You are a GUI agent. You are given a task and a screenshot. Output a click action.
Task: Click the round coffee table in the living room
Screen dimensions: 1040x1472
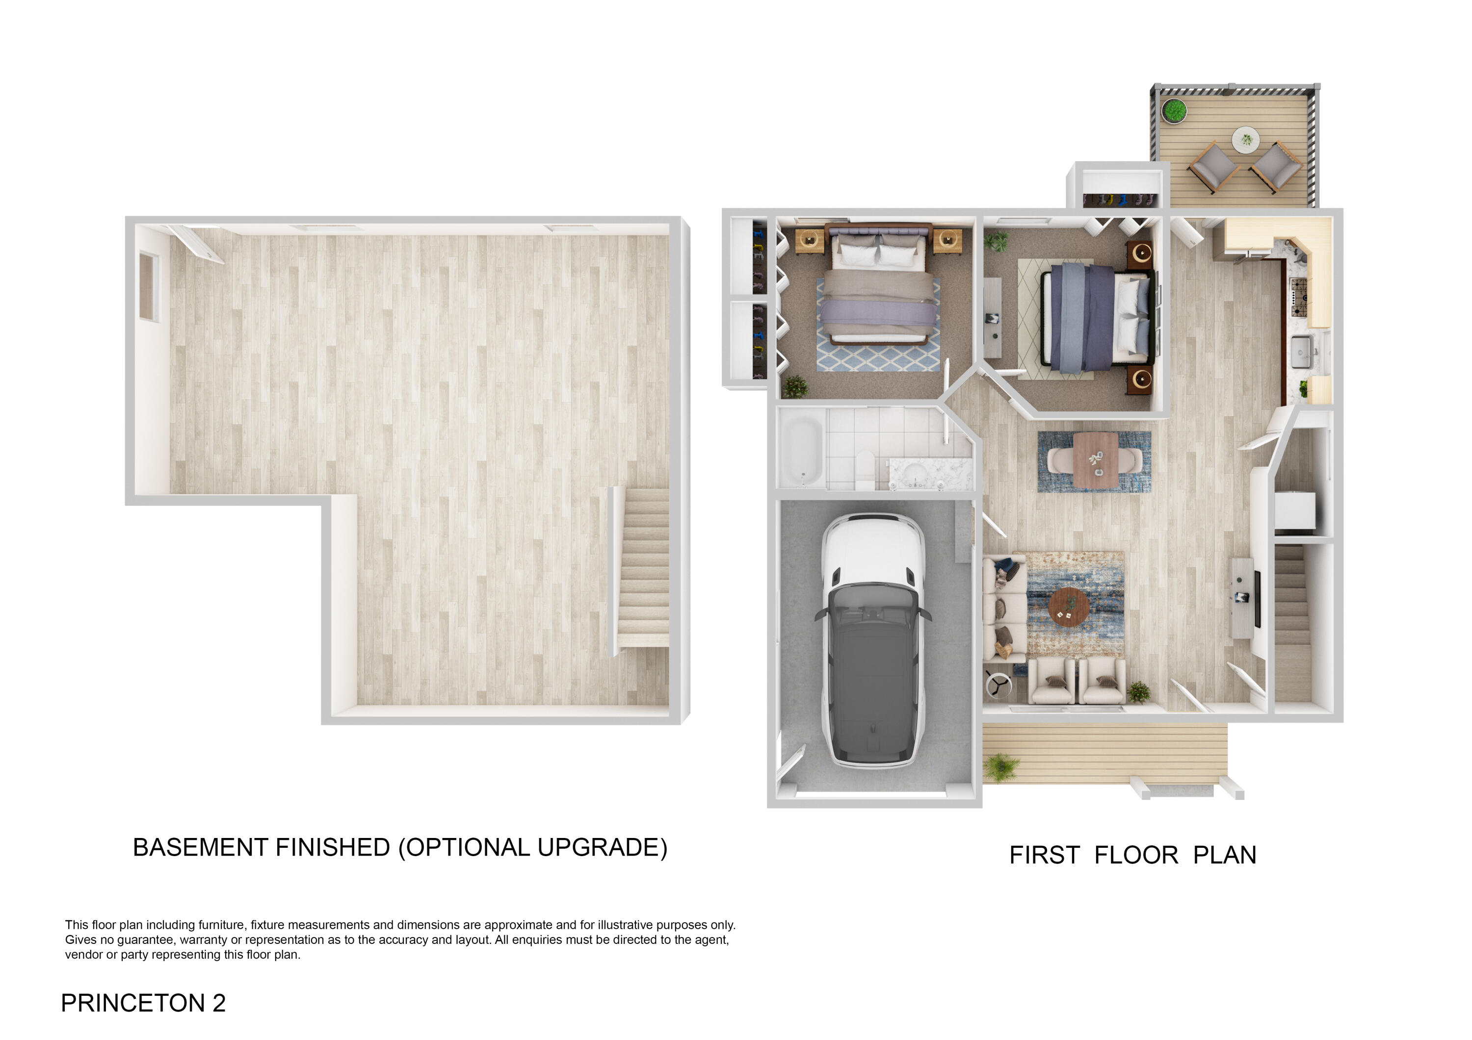click(1068, 606)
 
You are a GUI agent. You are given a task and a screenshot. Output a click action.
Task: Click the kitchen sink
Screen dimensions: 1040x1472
click(1300, 352)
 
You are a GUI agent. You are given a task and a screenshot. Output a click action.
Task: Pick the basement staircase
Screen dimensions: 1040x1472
click(644, 567)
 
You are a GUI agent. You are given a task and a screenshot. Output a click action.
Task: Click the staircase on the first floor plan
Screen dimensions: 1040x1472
click(1292, 615)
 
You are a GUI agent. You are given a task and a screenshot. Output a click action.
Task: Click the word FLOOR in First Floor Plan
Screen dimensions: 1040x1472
click(1135, 856)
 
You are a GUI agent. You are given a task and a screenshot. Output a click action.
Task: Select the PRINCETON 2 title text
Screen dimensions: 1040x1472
click(143, 1003)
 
